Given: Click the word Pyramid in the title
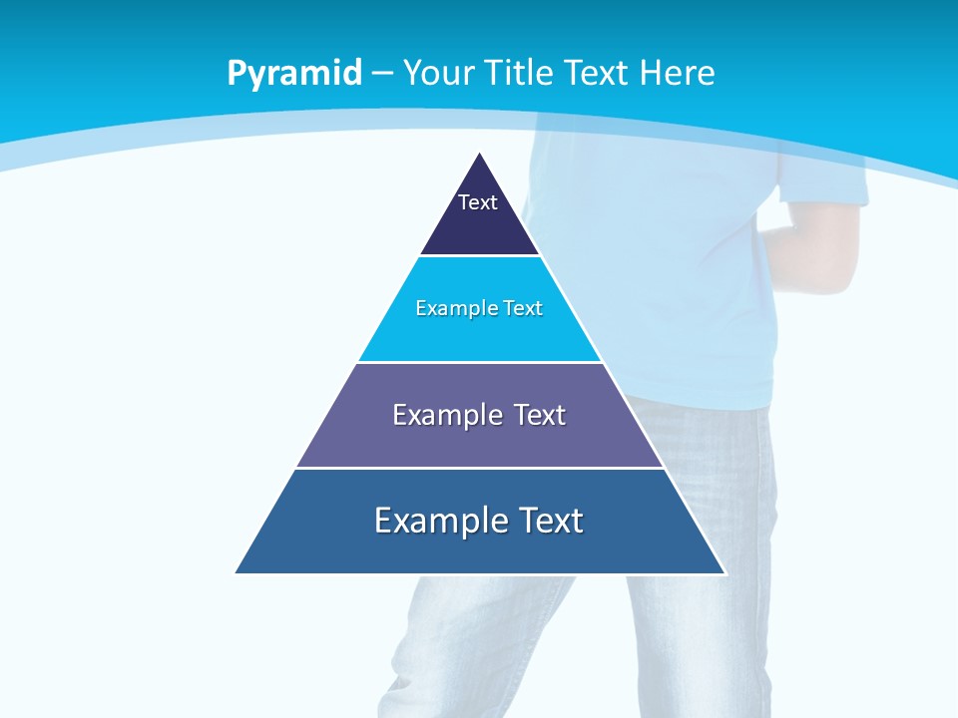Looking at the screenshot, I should point(294,74).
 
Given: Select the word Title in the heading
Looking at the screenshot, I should point(521,74).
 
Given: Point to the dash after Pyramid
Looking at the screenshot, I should point(382,74).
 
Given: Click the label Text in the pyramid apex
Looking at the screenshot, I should point(478,202).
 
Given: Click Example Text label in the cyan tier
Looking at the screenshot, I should point(479,308).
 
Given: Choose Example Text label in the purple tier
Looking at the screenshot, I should point(479,415).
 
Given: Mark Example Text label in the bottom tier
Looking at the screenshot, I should point(479,521).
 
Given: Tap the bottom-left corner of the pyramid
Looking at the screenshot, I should point(238,571).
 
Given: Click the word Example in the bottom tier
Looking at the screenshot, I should point(437,521).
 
